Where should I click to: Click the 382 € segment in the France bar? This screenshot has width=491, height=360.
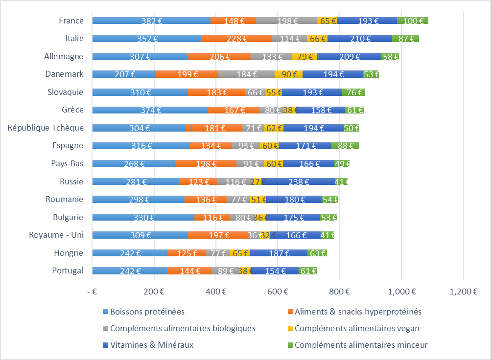151,21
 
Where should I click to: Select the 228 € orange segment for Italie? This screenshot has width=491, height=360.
236,39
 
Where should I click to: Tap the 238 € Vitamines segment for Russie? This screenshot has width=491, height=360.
298,182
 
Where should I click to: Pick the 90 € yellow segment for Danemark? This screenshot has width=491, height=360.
288,74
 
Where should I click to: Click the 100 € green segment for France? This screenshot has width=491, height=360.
413,21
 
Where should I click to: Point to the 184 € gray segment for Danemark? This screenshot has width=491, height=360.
246,74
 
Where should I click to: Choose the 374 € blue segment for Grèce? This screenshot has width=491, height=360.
150,110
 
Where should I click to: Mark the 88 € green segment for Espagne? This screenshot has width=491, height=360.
345,146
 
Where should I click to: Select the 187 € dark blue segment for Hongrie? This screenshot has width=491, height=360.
279,253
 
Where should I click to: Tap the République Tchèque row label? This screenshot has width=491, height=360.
46,128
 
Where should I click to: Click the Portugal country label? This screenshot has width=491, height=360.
68,270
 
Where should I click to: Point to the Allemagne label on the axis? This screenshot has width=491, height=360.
64,56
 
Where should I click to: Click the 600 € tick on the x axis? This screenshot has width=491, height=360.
278,292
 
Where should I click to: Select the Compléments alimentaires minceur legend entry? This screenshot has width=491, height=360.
361,345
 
